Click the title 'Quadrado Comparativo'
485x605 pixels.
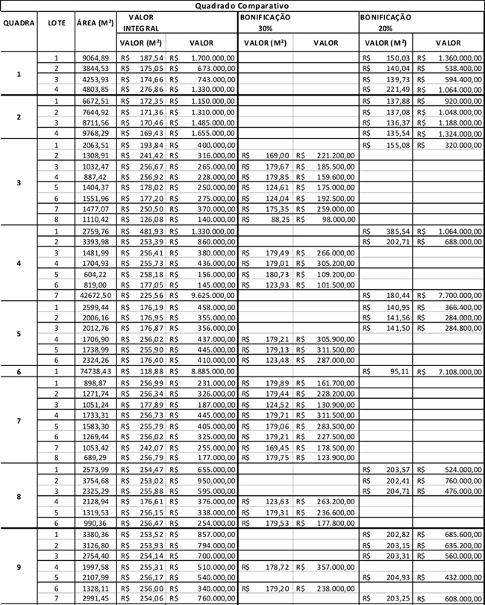click(x=242, y=5)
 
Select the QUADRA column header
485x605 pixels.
click(x=19, y=22)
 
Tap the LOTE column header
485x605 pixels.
click(x=56, y=22)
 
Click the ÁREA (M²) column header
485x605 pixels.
click(x=95, y=22)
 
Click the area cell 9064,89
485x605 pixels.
click(x=95, y=58)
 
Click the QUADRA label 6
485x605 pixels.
click(x=19, y=371)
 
